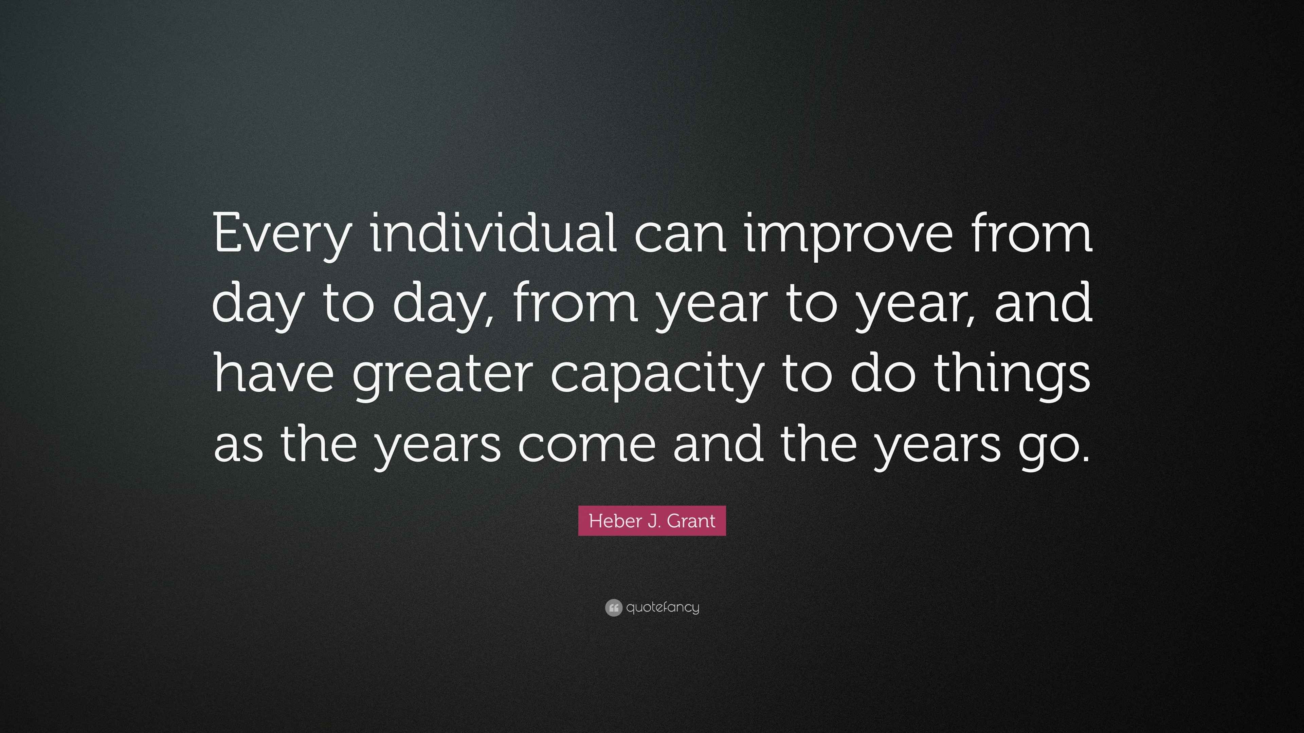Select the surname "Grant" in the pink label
[691, 521]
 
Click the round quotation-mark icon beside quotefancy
[614, 607]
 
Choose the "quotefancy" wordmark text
[663, 607]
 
